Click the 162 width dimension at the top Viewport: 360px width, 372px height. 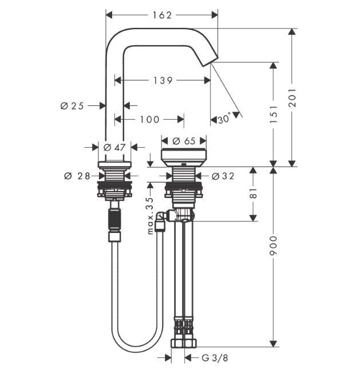coord(162,15)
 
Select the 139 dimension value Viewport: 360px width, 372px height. coord(163,81)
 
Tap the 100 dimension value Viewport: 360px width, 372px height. coord(149,119)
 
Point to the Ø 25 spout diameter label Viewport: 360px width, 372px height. coord(72,105)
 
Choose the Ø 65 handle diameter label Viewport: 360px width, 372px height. coord(184,140)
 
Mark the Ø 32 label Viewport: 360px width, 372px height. coord(223,176)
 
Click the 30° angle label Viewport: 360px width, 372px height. coord(224,119)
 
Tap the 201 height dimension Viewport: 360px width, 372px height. coord(292,97)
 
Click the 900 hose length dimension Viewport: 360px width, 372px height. coord(274,246)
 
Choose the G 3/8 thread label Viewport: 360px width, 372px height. coord(213,358)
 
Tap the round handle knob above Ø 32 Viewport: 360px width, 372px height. coord(184,156)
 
